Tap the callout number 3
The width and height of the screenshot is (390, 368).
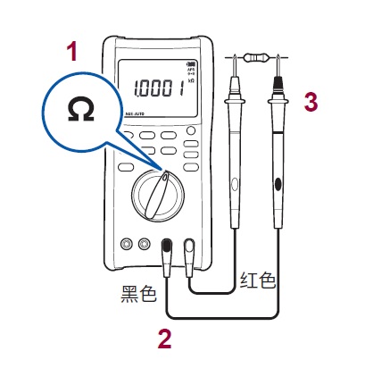310,101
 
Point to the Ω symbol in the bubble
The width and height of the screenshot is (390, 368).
80,111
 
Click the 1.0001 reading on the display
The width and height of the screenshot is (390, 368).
159,88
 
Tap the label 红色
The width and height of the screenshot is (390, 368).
258,280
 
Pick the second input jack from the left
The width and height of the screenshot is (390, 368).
144,243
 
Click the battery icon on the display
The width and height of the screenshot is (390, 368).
189,63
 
